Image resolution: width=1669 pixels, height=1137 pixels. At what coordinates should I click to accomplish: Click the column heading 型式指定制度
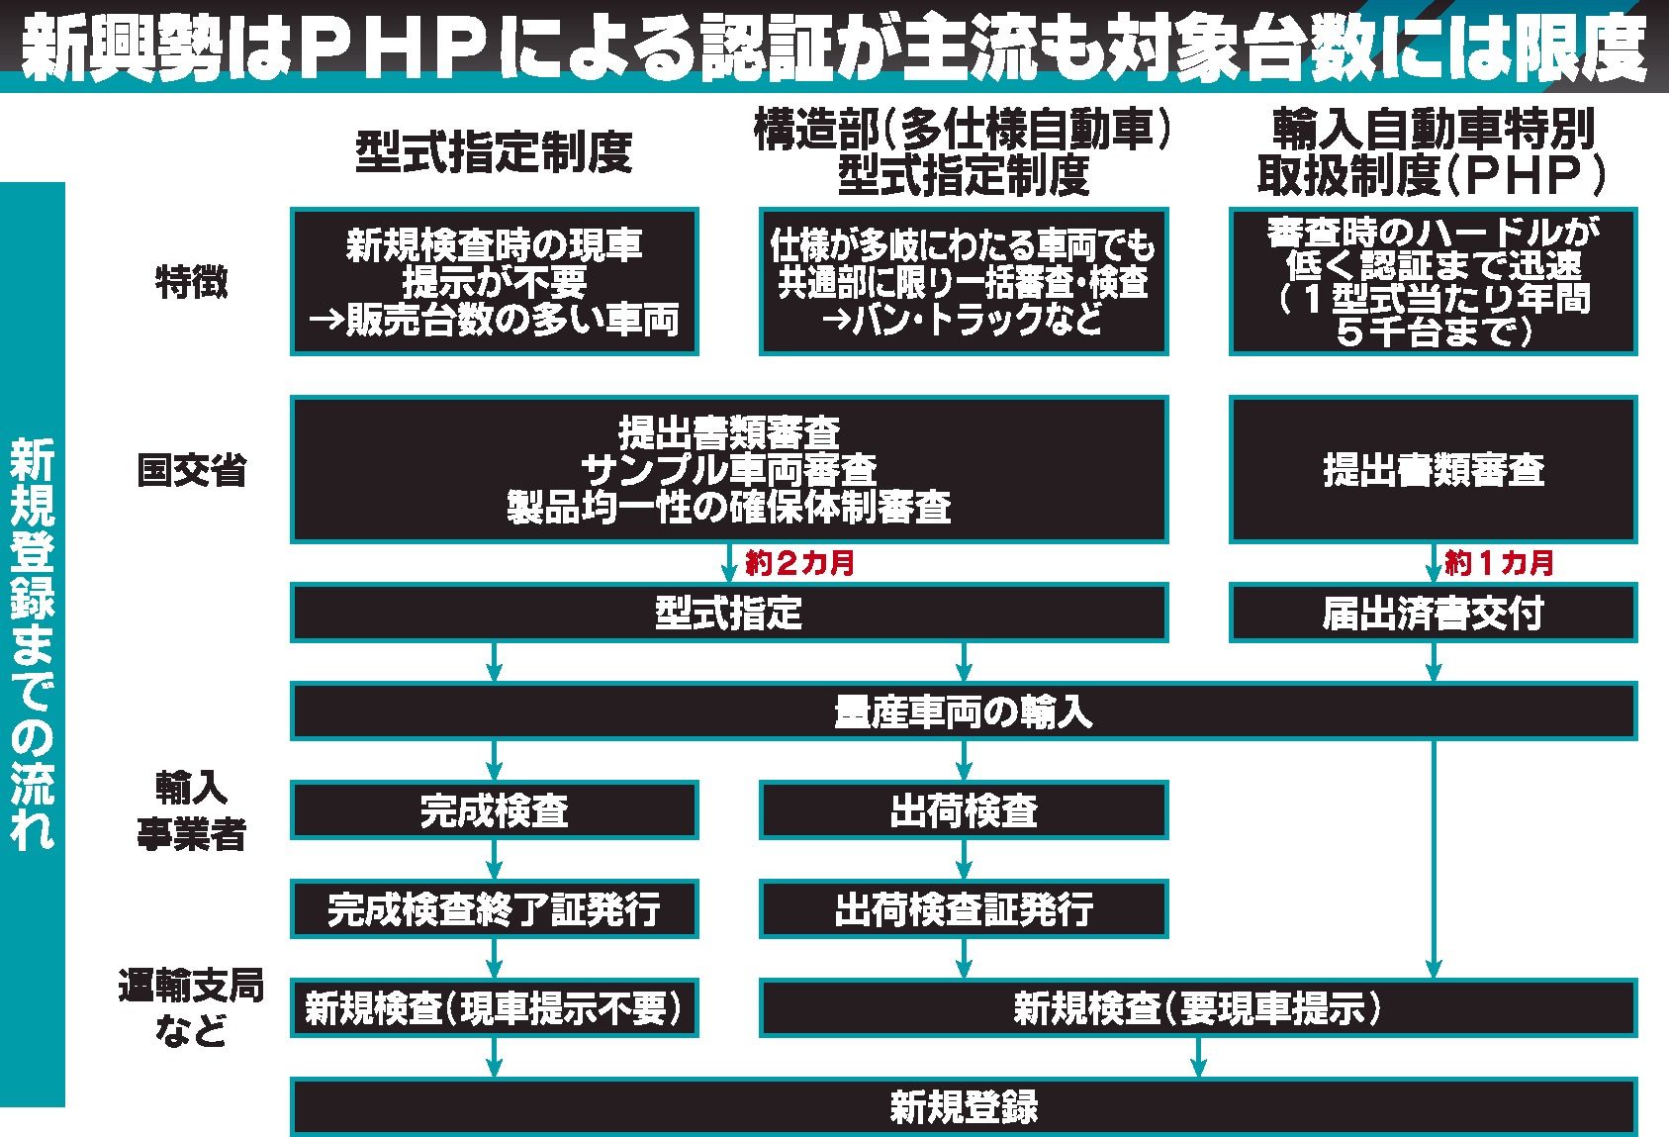pos(494,152)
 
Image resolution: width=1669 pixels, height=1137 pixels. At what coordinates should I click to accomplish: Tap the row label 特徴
pos(192,282)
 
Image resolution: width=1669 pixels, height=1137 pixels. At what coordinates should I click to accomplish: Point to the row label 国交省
pos(192,470)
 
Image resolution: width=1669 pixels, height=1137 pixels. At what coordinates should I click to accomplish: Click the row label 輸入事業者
pos(192,810)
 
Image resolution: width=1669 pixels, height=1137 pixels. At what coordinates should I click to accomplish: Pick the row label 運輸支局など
pos(192,1008)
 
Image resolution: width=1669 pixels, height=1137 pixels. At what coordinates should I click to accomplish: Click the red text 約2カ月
pos(799,562)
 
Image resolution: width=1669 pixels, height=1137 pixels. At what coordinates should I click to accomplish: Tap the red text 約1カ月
pos(1499,562)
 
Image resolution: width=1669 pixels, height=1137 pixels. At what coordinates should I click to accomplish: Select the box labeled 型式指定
pos(729,613)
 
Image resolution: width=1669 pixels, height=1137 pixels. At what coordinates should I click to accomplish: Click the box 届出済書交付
pos(1433,613)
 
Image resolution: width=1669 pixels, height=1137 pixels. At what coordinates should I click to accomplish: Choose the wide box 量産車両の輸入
pos(965,711)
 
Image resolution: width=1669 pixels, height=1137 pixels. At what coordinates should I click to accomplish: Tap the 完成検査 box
pos(494,809)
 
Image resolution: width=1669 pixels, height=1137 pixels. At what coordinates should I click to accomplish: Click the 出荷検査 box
pos(965,809)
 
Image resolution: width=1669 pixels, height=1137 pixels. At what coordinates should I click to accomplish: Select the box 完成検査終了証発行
pos(494,909)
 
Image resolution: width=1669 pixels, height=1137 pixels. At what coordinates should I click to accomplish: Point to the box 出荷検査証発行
pos(965,909)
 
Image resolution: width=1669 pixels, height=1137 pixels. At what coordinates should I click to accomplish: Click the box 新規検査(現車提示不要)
pos(494,1008)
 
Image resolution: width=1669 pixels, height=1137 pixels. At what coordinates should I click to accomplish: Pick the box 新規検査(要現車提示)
pos(1198,1008)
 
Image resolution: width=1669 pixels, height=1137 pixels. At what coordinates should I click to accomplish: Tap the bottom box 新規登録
pos(965,1107)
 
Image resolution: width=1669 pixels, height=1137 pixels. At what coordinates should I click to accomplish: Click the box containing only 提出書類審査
pos(1433,469)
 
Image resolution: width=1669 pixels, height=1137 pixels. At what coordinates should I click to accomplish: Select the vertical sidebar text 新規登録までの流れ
pos(32,644)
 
